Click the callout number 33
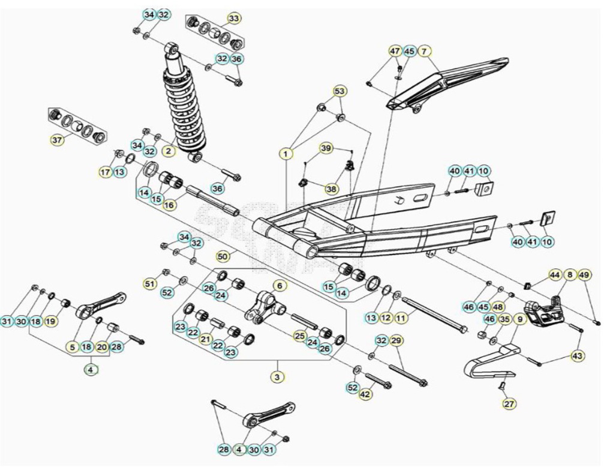click(234, 18)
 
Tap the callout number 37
click(57, 140)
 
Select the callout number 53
click(339, 91)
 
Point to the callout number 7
click(424, 51)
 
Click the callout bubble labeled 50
click(223, 256)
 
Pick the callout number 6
click(280, 285)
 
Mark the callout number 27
click(509, 404)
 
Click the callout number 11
click(401, 318)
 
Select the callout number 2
click(169, 151)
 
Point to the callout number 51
click(151, 284)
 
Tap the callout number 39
click(326, 148)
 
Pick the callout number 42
click(365, 394)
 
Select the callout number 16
click(169, 205)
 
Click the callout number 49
click(584, 275)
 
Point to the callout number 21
click(206, 339)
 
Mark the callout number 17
click(105, 172)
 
